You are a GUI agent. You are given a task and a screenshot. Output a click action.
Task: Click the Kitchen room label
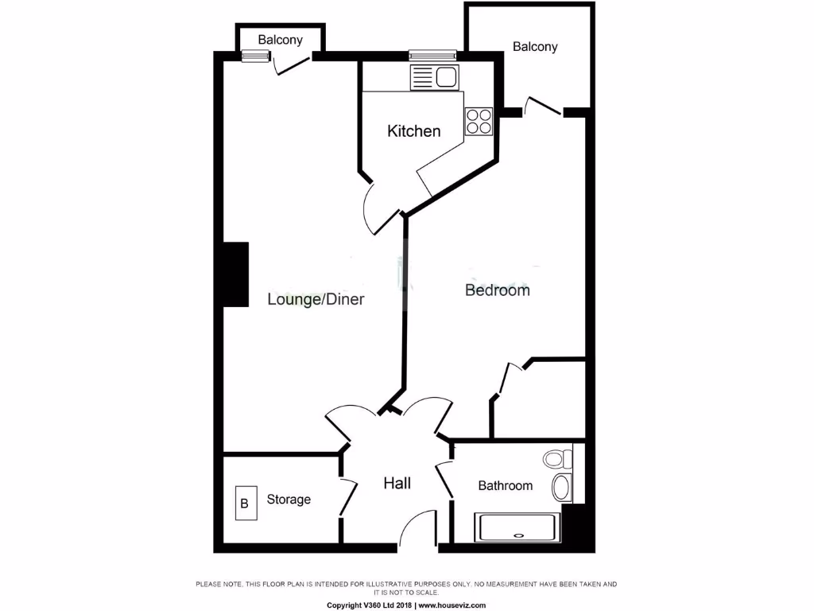(413, 131)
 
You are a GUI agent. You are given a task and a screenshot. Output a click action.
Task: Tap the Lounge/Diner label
(316, 300)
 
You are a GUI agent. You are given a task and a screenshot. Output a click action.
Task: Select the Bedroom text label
(497, 290)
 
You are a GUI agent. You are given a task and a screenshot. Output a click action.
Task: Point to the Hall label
(397, 483)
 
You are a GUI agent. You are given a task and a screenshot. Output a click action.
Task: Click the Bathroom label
(505, 485)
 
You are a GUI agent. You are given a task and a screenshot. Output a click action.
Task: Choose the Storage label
(289, 500)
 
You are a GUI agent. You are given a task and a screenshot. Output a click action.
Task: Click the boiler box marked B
(245, 503)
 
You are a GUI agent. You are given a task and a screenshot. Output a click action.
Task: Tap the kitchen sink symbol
(434, 78)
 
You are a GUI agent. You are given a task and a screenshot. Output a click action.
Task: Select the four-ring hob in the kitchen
(479, 121)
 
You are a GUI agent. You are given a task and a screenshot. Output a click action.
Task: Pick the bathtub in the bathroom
(517, 527)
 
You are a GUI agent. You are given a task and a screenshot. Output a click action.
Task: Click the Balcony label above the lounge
(280, 40)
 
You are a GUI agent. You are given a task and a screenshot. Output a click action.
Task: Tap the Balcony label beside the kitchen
(535, 47)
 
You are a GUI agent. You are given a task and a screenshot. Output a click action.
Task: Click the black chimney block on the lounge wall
(235, 274)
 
